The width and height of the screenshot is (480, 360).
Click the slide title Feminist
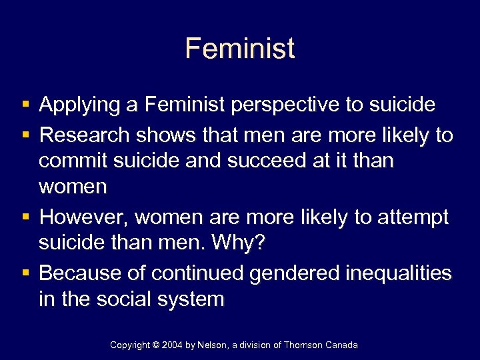(240, 49)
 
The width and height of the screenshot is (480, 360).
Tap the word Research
(85, 135)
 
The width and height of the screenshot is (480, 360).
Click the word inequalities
(399, 273)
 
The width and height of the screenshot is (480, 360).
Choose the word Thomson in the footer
(305, 345)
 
